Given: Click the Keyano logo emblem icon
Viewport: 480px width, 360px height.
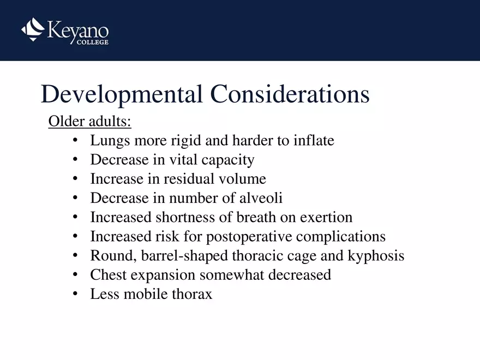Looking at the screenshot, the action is point(33,29).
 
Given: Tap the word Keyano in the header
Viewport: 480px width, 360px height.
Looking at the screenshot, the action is point(78,31).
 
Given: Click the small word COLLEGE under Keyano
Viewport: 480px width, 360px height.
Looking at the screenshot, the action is point(92,42).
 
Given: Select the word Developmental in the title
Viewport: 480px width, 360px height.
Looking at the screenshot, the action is point(122,94).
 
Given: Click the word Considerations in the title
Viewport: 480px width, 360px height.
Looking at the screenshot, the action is point(290,94).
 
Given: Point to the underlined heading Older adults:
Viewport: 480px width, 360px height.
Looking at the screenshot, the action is point(89,121).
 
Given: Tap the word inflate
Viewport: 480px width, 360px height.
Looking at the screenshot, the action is point(314,140).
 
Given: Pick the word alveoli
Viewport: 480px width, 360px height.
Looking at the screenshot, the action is point(261,198).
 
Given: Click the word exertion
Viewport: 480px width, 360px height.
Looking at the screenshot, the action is point(326,217).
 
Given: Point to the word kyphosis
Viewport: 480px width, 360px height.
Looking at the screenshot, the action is point(376,256).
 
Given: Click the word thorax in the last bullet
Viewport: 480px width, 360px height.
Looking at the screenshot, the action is point(192,294).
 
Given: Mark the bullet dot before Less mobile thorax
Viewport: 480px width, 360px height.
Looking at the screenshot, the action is point(75,294).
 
